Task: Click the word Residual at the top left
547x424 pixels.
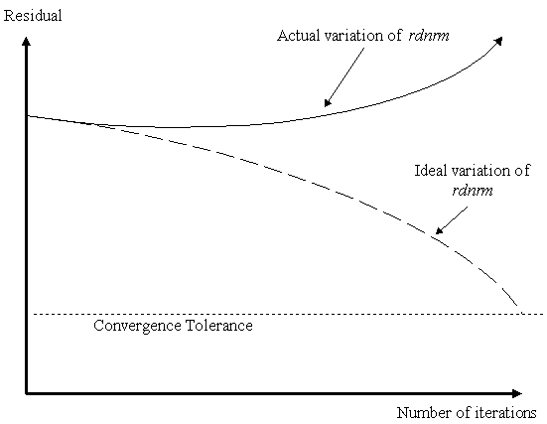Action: pyautogui.click(x=33, y=16)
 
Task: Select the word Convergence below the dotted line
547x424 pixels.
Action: pyautogui.click(x=137, y=326)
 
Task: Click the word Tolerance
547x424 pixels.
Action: pyautogui.click(x=219, y=326)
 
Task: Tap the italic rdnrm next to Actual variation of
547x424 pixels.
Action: pyautogui.click(x=429, y=36)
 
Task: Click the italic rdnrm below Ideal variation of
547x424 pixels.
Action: pyautogui.click(x=473, y=191)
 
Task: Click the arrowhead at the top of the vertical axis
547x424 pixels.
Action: pyautogui.click(x=26, y=41)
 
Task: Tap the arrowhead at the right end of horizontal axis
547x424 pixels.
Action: pyautogui.click(x=517, y=393)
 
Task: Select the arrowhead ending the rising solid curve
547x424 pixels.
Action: pyautogui.click(x=499, y=41)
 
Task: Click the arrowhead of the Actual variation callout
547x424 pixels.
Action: pyautogui.click(x=328, y=102)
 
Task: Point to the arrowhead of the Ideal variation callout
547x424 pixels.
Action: pyautogui.click(x=439, y=230)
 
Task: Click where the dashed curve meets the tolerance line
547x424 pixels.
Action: pyautogui.click(x=521, y=314)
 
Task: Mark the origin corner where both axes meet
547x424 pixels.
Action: pyautogui.click(x=26, y=393)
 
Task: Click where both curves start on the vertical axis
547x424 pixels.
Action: pyautogui.click(x=27, y=115)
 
